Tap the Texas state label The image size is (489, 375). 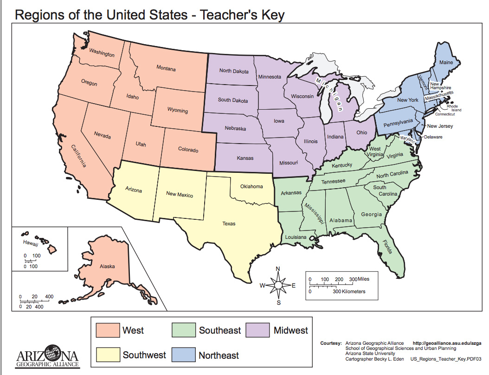(228, 224)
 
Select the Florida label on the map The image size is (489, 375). (387, 247)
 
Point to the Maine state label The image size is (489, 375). (446, 62)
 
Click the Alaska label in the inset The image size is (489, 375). (107, 266)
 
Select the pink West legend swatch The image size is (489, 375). (107, 330)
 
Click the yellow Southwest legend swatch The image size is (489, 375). (107, 355)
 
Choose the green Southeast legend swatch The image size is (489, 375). (183, 330)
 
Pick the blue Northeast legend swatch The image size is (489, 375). (183, 355)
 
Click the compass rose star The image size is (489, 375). (278, 285)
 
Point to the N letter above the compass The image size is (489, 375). (278, 269)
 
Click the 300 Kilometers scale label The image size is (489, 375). (348, 292)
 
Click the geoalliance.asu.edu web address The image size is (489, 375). (447, 343)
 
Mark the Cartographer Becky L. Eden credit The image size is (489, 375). (374, 359)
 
